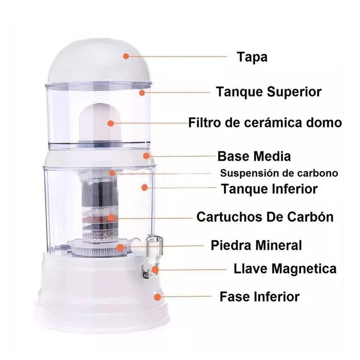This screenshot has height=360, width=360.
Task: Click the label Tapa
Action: [x=252, y=57]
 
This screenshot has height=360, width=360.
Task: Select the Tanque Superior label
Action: [x=269, y=92]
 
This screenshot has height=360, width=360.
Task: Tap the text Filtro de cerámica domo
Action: [x=265, y=122]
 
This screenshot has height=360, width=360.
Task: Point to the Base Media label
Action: [x=254, y=156]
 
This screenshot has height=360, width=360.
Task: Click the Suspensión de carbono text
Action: [x=279, y=173]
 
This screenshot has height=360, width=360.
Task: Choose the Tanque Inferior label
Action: [x=270, y=189]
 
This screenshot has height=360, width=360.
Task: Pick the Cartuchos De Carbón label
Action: [x=265, y=216]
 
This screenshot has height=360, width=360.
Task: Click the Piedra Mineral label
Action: [x=256, y=245]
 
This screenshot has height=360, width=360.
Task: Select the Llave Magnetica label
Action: [x=285, y=268]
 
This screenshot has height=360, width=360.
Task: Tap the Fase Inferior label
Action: [x=260, y=297]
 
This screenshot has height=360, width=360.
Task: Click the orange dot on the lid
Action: [x=126, y=56]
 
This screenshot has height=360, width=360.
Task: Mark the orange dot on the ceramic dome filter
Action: [x=111, y=123]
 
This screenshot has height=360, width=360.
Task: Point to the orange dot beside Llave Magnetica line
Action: [x=155, y=270]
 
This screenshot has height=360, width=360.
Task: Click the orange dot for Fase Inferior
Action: [x=157, y=297]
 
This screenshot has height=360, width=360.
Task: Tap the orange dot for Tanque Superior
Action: [x=142, y=93]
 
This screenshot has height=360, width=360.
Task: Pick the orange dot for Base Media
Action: [x=146, y=156]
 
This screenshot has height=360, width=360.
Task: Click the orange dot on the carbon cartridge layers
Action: [x=111, y=217]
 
